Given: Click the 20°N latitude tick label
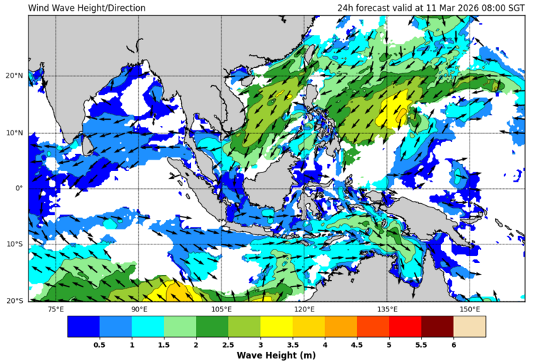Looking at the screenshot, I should (x=15, y=76).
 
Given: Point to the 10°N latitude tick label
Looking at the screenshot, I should (x=15, y=133).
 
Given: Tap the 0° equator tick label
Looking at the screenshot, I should (x=19, y=188).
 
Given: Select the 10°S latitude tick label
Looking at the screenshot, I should (x=15, y=244).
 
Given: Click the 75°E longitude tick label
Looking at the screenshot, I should (x=56, y=309).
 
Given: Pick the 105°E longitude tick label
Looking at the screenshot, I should (x=222, y=309).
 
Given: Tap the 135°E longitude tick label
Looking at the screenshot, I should (x=387, y=309).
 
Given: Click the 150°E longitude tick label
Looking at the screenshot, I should (x=470, y=309).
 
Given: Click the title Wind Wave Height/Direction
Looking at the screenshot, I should (x=87, y=8).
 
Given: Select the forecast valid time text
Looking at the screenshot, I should (x=431, y=8).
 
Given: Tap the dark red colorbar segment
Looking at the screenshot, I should (x=437, y=326).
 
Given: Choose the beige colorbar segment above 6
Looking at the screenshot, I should (x=469, y=326).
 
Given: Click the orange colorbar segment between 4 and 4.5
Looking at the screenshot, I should (x=341, y=326).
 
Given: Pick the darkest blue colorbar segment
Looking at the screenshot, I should (x=83, y=326).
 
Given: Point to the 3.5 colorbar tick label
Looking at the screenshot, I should (x=292, y=344).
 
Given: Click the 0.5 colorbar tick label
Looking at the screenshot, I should (x=100, y=344).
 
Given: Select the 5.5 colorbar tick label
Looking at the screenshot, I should (x=420, y=344).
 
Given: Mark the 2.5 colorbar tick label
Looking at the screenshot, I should (x=228, y=344).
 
